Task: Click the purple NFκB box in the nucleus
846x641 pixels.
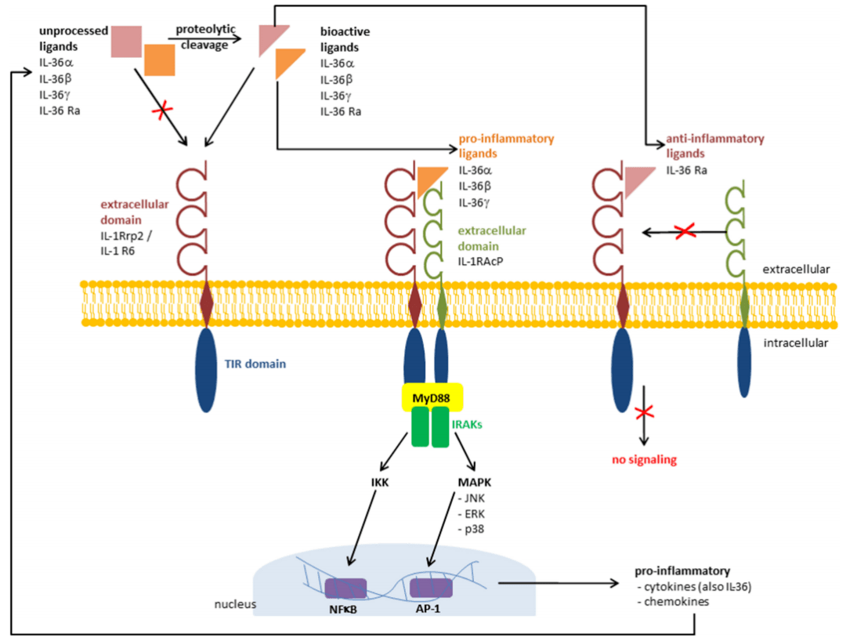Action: (345, 588)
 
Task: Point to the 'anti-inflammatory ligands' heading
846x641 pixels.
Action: (714, 146)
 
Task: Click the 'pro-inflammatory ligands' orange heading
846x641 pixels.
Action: (506, 146)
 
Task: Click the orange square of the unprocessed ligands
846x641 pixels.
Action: (160, 60)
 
